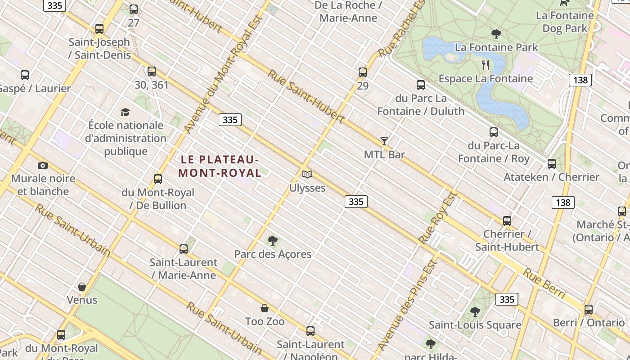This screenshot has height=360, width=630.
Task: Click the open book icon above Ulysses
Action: tap(307, 174)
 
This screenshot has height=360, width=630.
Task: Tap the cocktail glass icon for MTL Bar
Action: tap(384, 141)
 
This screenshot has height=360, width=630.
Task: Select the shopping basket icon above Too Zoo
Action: tap(265, 308)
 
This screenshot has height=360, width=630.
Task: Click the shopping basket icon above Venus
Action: tap(82, 287)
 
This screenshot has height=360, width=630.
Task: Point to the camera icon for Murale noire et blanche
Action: tap(43, 165)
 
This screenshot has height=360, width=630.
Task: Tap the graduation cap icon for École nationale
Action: tap(126, 112)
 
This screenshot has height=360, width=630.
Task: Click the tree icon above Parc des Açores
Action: tap(272, 241)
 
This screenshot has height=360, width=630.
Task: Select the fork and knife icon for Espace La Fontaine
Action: tap(486, 65)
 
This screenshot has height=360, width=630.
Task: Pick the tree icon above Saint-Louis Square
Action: tap(475, 311)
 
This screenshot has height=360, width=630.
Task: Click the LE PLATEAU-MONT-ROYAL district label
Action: tap(220, 166)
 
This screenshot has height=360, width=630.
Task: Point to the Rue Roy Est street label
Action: tap(437, 218)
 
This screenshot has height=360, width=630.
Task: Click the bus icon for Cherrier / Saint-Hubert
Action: tap(507, 220)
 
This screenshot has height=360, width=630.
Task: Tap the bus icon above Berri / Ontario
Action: tap(589, 309)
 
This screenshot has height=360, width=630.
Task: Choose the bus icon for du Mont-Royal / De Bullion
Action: tap(157, 179)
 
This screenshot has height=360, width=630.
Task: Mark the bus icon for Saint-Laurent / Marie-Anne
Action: tap(183, 249)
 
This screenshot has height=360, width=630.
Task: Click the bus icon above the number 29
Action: tap(363, 72)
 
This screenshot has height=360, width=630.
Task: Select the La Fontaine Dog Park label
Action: tap(565, 22)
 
